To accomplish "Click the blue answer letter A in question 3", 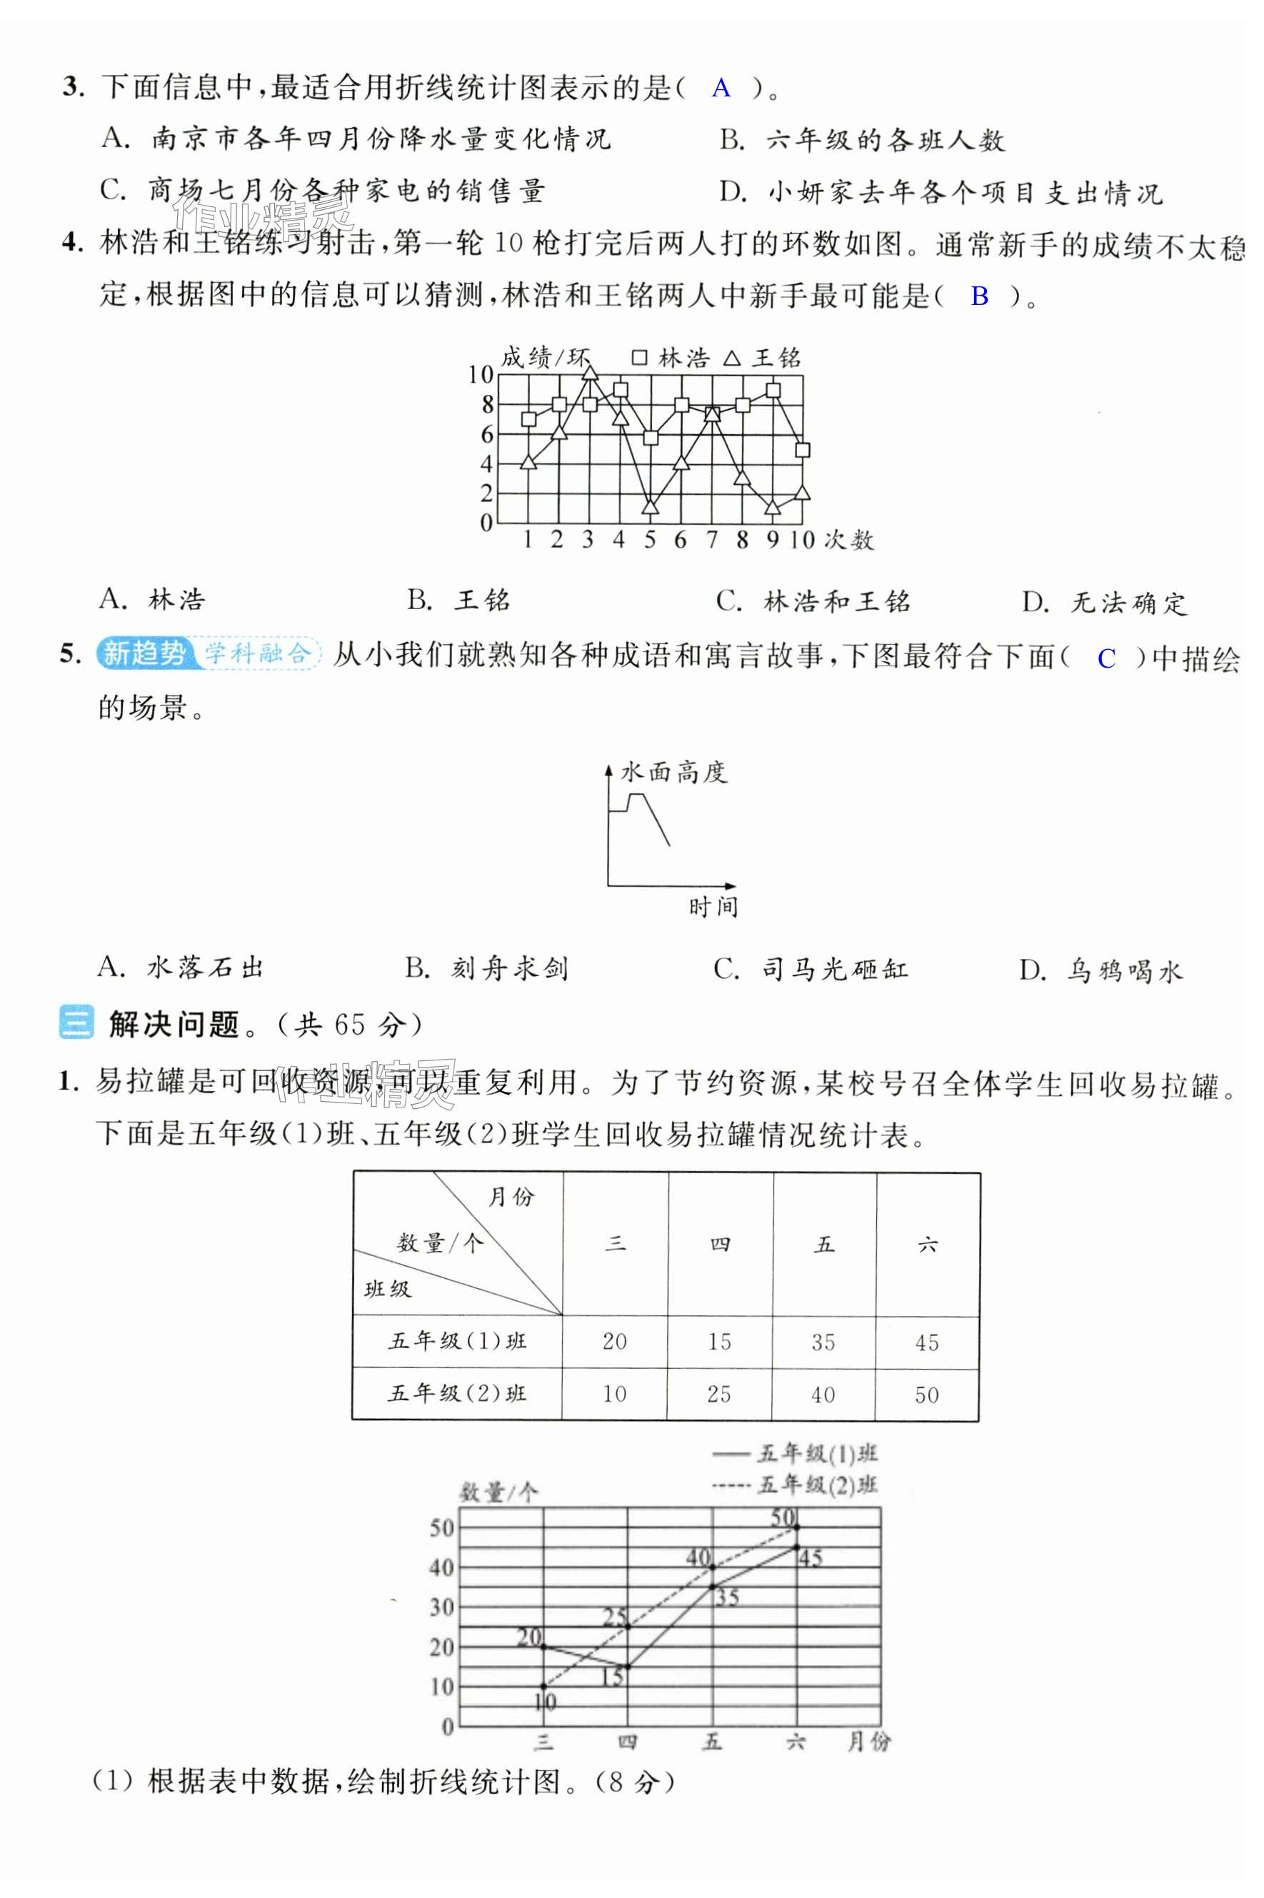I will [x=721, y=88].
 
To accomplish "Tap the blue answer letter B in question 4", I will [x=980, y=296].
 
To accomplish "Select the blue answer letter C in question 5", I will [x=1106, y=658].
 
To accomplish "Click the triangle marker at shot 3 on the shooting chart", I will [x=589, y=372].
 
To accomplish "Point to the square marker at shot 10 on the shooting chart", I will [x=802, y=450].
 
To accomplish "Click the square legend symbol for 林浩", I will [x=639, y=357].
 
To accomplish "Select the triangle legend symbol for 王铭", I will [x=732, y=358].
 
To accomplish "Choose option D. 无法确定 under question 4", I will [x=1104, y=602].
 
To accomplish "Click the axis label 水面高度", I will [x=673, y=772].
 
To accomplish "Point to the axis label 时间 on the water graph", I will [x=713, y=908].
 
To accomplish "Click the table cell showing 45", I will [x=927, y=1342].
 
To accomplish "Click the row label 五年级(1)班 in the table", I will [x=457, y=1341].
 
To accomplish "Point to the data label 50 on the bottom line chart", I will [x=783, y=1517].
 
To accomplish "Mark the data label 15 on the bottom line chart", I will [x=613, y=1677].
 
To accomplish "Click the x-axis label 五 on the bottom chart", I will [x=712, y=1741].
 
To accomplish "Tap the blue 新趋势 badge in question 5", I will [x=144, y=653].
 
